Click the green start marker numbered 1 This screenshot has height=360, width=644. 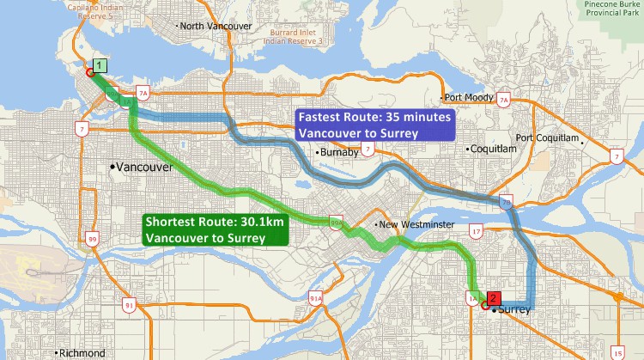click(100, 65)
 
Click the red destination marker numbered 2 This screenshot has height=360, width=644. click(493, 297)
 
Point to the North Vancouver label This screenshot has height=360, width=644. click(215, 27)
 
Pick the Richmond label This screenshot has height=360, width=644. click(81, 353)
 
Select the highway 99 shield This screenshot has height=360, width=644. click(92, 238)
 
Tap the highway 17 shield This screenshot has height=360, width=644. click(476, 232)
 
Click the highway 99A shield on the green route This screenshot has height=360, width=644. click(337, 224)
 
